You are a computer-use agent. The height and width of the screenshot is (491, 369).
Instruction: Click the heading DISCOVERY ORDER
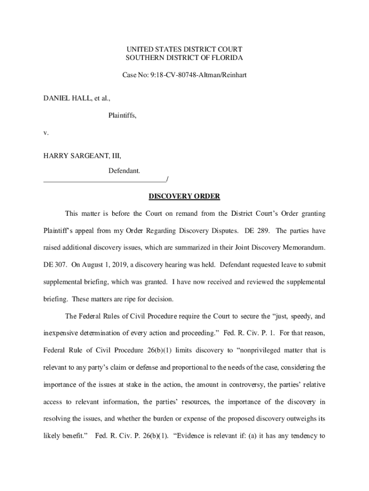coord(184,196)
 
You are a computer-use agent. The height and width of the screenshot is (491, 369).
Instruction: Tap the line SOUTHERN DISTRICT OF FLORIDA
coord(184,58)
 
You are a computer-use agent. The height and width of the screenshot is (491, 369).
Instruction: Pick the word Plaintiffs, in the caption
coord(122,115)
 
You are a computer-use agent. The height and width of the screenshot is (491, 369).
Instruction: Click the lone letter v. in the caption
coord(46,132)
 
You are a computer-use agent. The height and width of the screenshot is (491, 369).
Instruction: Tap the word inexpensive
coord(62,333)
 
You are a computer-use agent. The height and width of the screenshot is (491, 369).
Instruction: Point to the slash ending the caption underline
coord(167,179)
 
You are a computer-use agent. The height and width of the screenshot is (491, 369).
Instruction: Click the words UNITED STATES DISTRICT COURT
coord(184,49)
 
